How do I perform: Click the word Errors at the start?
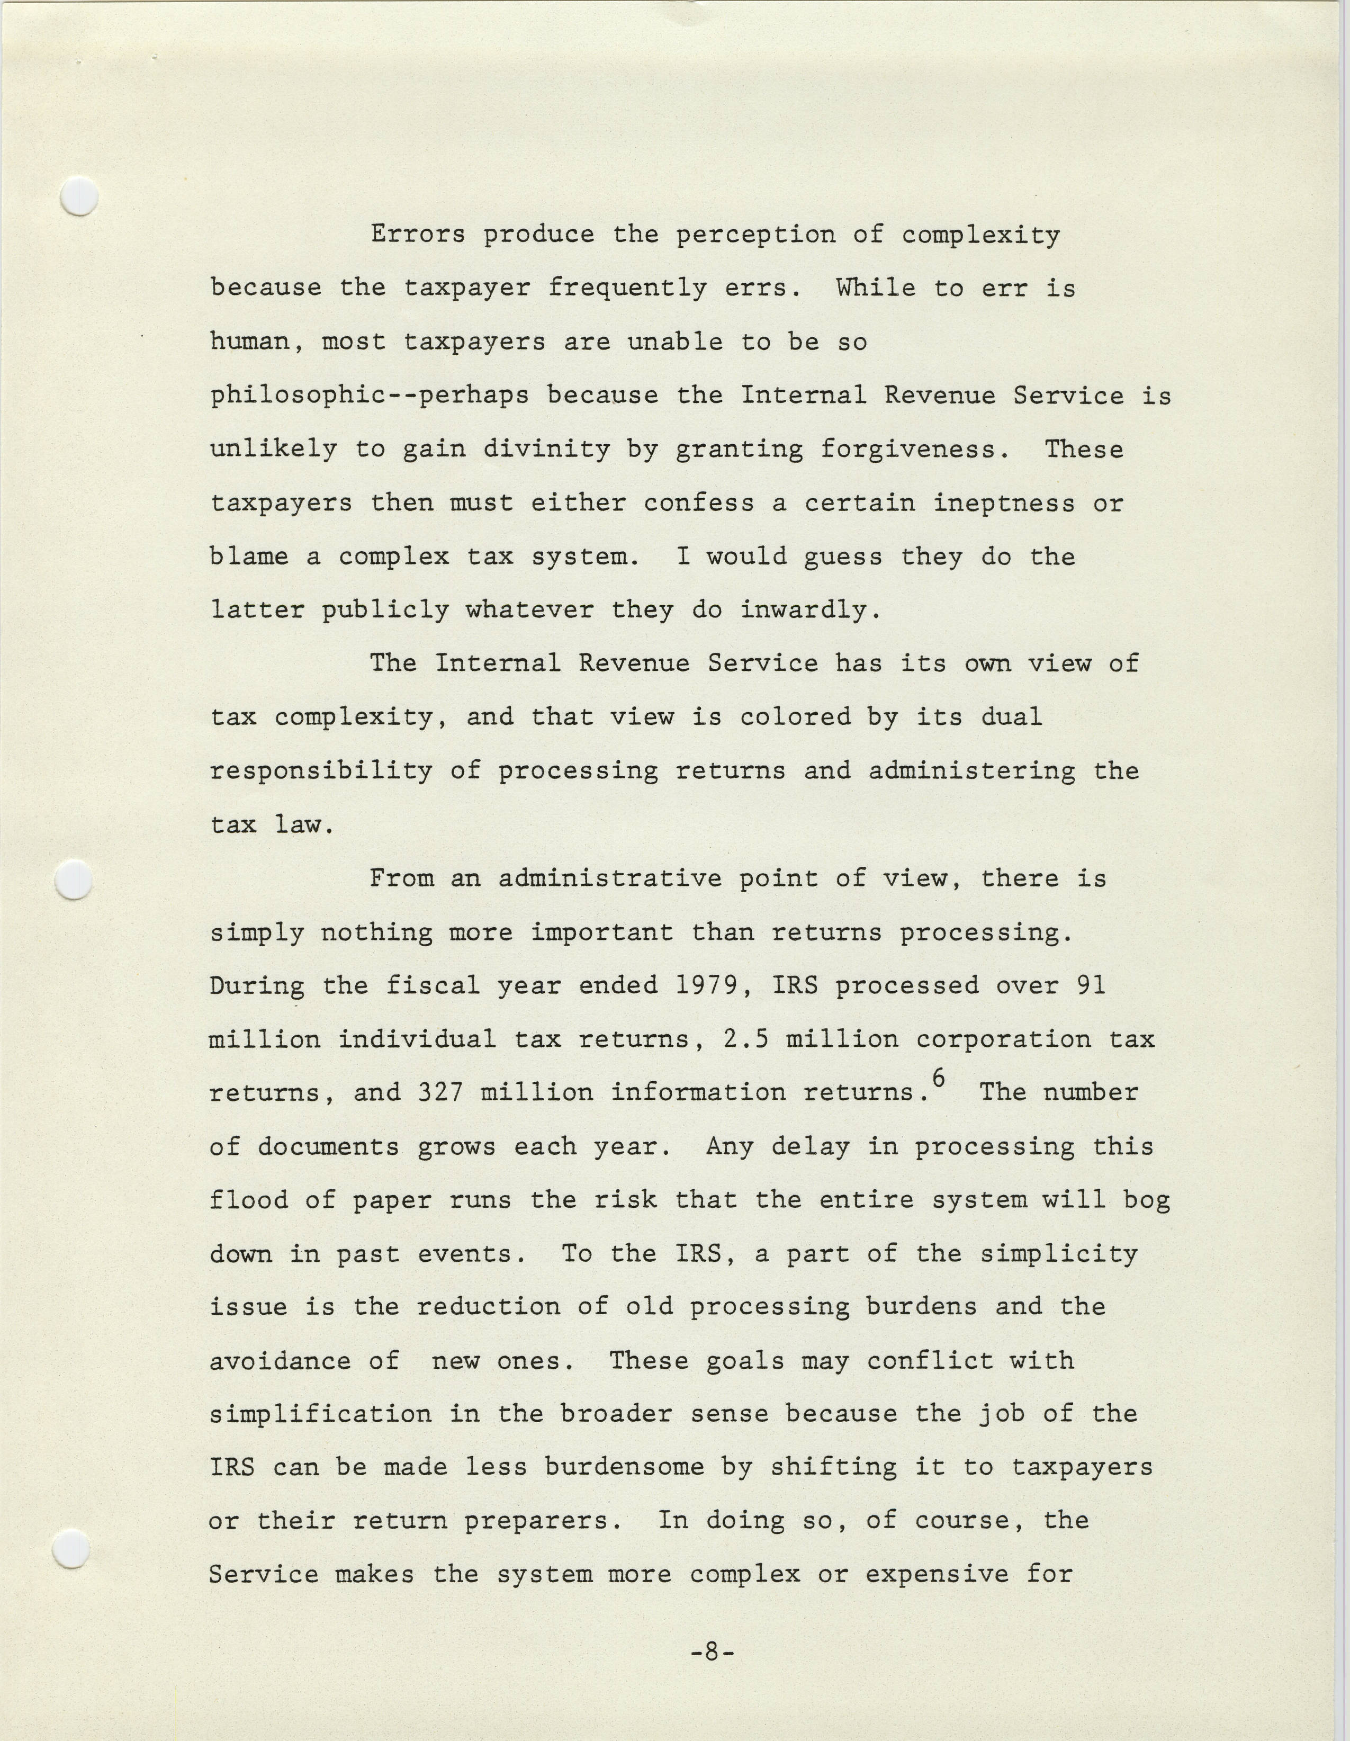(418, 235)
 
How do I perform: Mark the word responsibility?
(321, 771)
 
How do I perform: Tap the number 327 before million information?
(440, 1093)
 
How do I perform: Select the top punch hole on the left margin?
(80, 195)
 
